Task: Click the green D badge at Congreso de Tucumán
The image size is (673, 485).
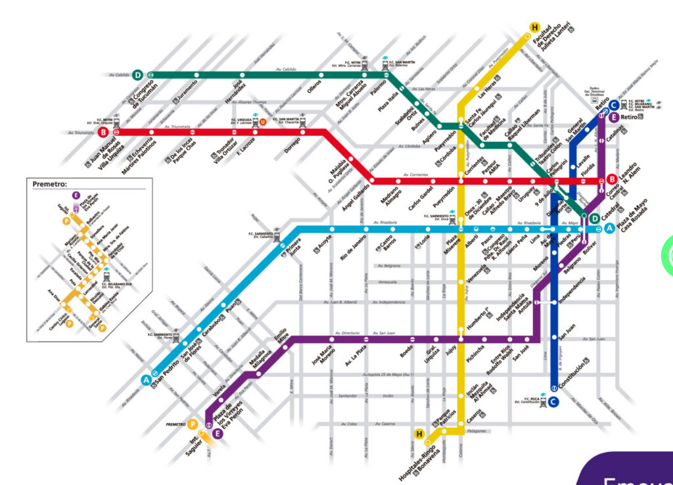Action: coord(138,75)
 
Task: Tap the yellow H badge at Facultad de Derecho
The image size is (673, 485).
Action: coord(535,28)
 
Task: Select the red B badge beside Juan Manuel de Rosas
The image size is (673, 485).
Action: coord(103,132)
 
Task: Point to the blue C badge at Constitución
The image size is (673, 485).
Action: coord(553,402)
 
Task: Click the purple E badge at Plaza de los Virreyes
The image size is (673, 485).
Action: coord(218,433)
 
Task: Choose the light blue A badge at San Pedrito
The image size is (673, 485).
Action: coord(146,379)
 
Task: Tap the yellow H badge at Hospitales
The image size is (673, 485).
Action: coord(419,433)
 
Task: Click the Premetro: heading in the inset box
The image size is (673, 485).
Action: coord(50,184)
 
